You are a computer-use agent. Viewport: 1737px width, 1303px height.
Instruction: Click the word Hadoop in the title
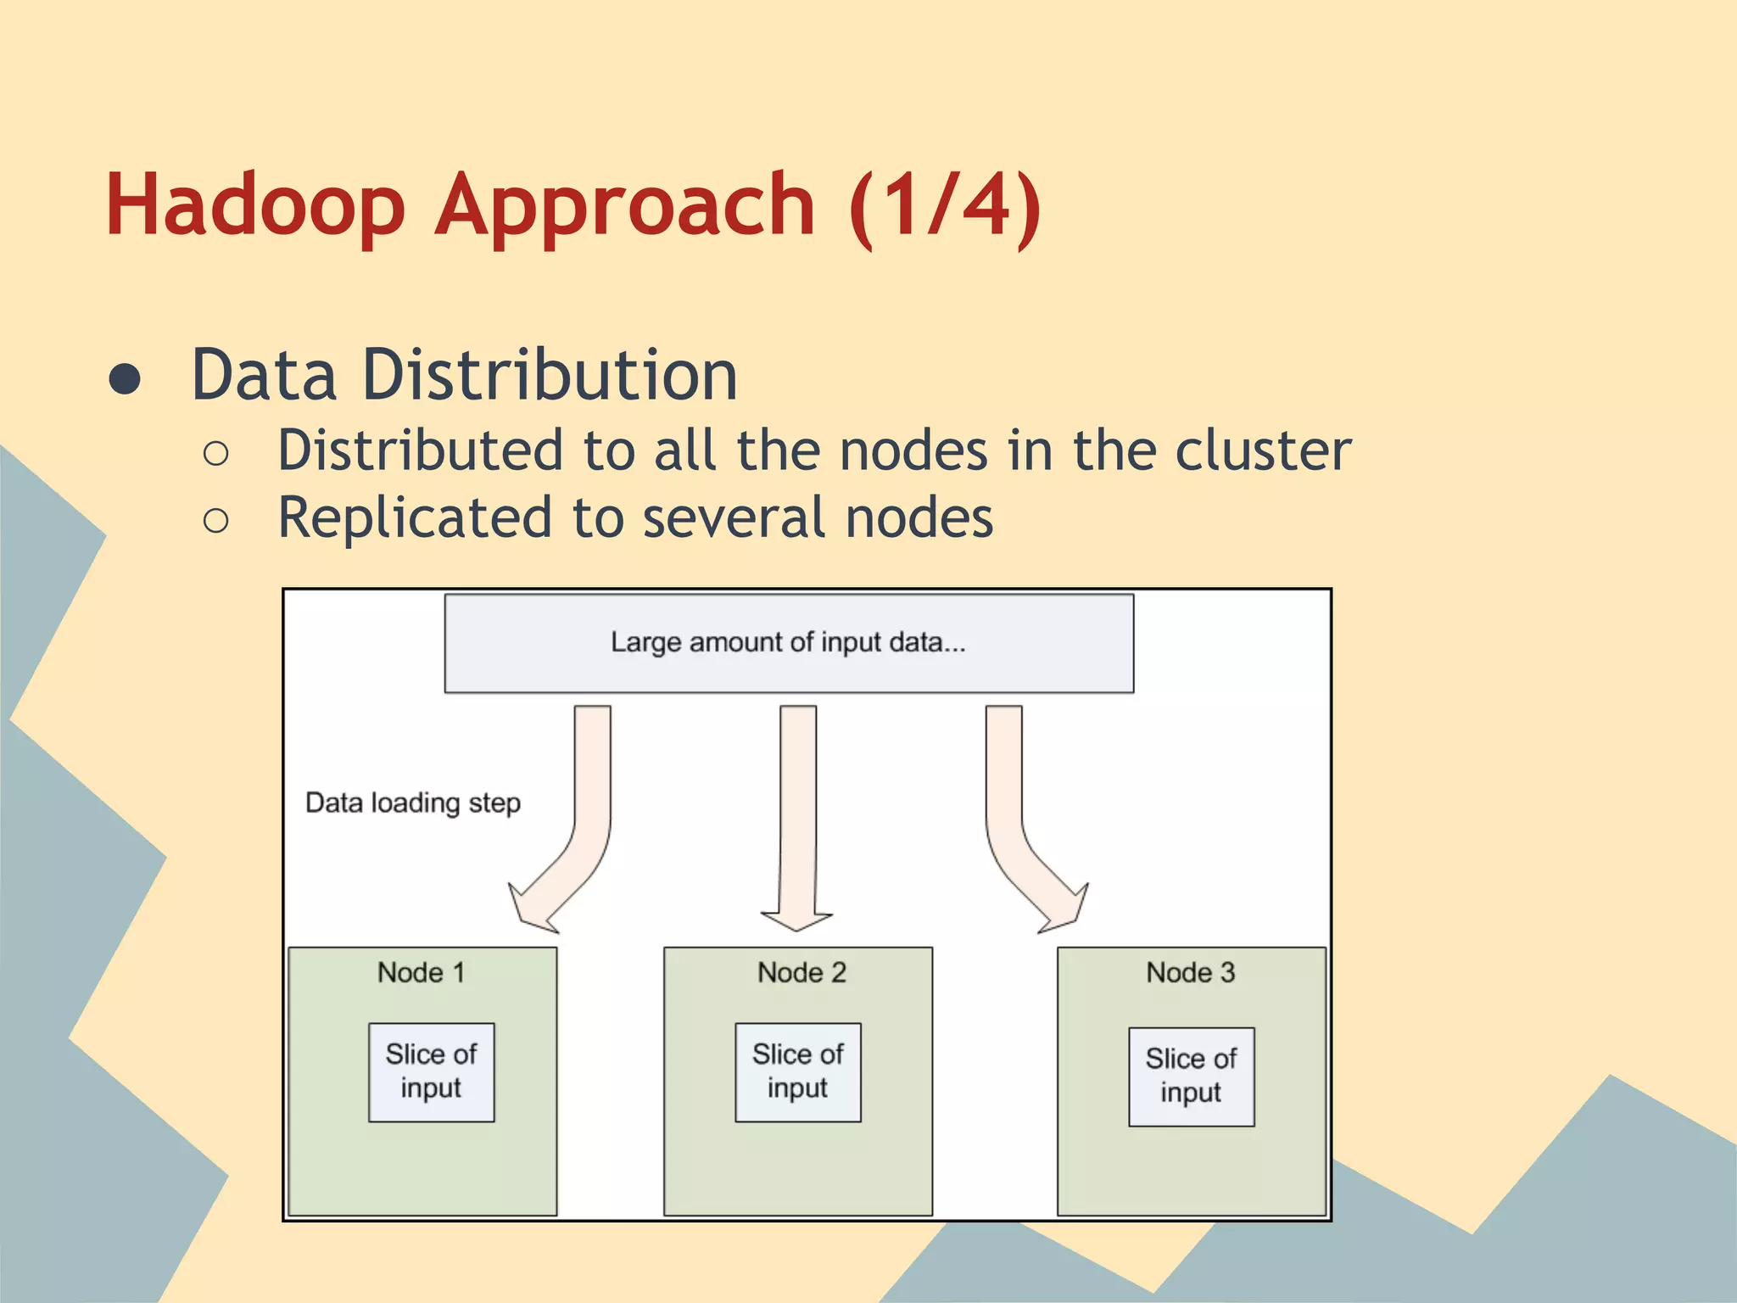(254, 205)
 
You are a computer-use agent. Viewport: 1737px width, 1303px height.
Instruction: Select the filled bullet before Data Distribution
(125, 379)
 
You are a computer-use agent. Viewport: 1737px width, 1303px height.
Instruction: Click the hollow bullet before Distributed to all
(216, 454)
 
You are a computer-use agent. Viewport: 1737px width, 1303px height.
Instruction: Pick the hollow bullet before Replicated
(216, 521)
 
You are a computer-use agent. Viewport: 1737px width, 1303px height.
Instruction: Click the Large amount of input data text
(788, 642)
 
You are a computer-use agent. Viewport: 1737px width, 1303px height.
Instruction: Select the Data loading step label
(413, 802)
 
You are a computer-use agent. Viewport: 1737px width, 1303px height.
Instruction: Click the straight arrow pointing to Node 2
(797, 814)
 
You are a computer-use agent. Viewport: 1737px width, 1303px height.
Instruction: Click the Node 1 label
(421, 972)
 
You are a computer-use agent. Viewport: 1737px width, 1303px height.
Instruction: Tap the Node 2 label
(801, 972)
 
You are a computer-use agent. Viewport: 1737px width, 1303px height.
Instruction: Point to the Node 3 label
(1191, 972)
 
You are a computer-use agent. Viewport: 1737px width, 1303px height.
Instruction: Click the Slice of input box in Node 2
(797, 1071)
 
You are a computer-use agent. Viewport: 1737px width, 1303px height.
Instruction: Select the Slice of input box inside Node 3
(1191, 1077)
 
